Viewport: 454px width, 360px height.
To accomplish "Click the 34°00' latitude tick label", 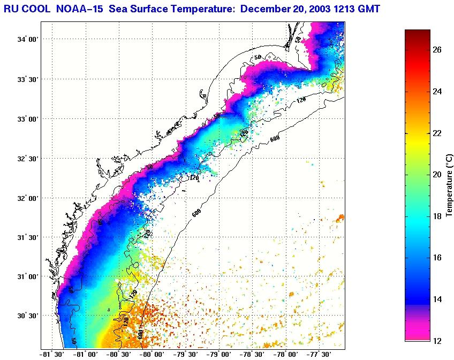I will coord(27,40).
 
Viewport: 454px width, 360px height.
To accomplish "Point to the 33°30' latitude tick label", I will coord(27,79).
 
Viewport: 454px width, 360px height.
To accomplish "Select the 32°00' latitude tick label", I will coord(27,198).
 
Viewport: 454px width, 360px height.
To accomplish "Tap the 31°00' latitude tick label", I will coord(27,276).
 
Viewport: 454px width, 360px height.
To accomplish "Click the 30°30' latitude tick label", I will coord(27,316).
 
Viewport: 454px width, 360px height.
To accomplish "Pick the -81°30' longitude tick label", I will coord(52,354).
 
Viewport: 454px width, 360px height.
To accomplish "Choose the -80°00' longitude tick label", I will coord(152,354).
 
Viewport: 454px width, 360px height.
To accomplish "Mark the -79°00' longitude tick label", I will coord(219,354).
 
